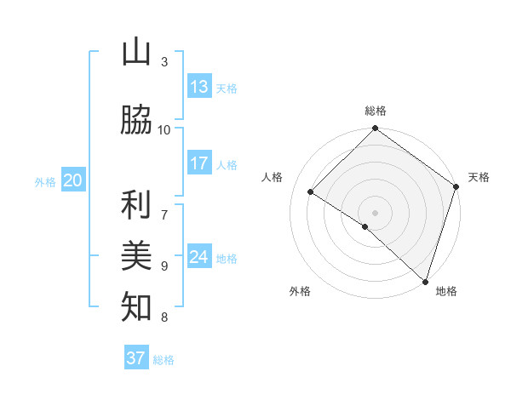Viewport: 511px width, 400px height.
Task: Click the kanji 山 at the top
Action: [136, 53]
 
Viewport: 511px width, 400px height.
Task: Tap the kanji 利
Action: [136, 205]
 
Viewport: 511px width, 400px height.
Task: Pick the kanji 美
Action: [136, 256]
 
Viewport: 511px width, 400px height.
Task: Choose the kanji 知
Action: [136, 307]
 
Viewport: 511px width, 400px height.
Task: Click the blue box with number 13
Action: [199, 87]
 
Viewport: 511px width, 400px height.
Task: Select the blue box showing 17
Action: [199, 163]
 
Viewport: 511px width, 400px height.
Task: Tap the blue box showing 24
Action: [199, 257]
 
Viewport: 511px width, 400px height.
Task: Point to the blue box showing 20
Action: [73, 180]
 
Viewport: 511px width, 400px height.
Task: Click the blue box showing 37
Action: [136, 358]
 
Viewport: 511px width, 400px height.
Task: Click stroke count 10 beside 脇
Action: [164, 129]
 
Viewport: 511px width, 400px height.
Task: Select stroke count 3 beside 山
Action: [164, 61]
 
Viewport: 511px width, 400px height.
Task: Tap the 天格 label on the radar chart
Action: [479, 177]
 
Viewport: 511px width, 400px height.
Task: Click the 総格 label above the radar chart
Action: [376, 111]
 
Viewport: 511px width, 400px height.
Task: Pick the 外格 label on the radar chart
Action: [300, 291]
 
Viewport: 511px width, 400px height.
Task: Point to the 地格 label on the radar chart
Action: [446, 291]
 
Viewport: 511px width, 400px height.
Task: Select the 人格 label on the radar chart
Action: [273, 177]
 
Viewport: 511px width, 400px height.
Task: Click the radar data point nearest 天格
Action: [456, 186]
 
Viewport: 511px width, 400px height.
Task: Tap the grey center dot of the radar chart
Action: [375, 212]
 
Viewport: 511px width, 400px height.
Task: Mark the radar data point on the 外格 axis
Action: [365, 226]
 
